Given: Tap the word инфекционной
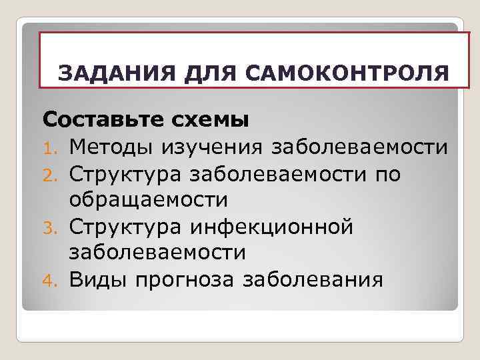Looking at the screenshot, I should pos(273,226).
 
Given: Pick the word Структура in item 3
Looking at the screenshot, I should pos(127,226).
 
